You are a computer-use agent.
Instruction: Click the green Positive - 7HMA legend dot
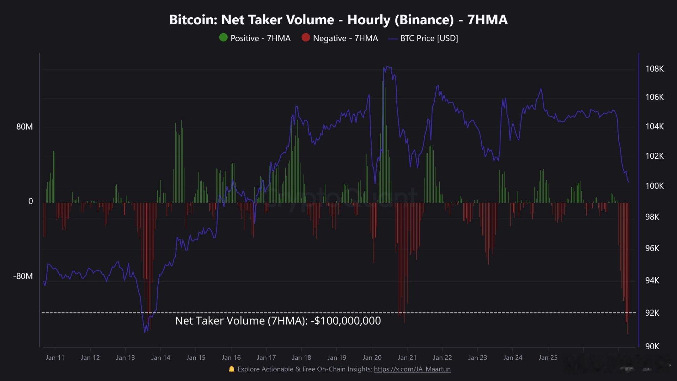(223, 37)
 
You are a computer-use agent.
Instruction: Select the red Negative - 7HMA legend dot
(306, 37)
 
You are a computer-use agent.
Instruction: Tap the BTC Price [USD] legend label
(429, 38)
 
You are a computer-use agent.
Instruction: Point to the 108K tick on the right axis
(654, 69)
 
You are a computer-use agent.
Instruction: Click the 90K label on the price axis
(652, 346)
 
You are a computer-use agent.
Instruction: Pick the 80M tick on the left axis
(24, 127)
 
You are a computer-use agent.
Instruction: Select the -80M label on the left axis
(23, 276)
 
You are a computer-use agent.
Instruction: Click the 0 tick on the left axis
(30, 201)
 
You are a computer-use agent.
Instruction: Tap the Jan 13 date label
(126, 357)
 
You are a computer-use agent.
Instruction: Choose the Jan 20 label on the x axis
(372, 357)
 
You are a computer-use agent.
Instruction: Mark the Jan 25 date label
(548, 357)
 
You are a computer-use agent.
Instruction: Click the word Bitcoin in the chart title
(193, 20)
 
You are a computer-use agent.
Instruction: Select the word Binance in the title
(424, 20)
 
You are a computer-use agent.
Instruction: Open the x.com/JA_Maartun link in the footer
(412, 369)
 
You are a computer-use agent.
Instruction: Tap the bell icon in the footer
(231, 369)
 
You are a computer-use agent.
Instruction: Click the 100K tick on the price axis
(654, 186)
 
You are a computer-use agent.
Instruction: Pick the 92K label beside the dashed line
(652, 313)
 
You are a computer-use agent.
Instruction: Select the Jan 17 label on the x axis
(266, 357)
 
